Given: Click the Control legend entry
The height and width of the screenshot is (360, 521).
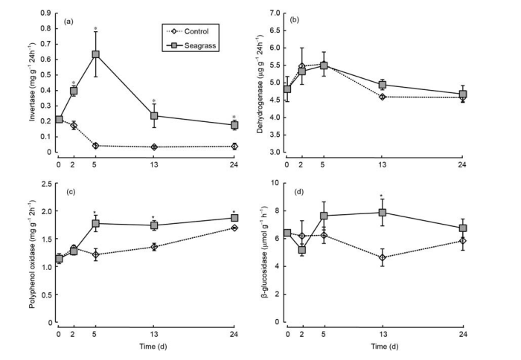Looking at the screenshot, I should [x=194, y=32].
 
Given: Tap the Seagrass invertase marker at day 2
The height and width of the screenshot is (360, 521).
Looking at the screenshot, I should [x=74, y=91].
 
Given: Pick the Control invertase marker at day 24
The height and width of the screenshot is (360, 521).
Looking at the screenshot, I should [x=234, y=147].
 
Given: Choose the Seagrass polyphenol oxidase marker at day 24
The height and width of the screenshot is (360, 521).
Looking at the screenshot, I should [x=234, y=218].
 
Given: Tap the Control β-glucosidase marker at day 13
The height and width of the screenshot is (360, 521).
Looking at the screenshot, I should [x=383, y=257].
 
